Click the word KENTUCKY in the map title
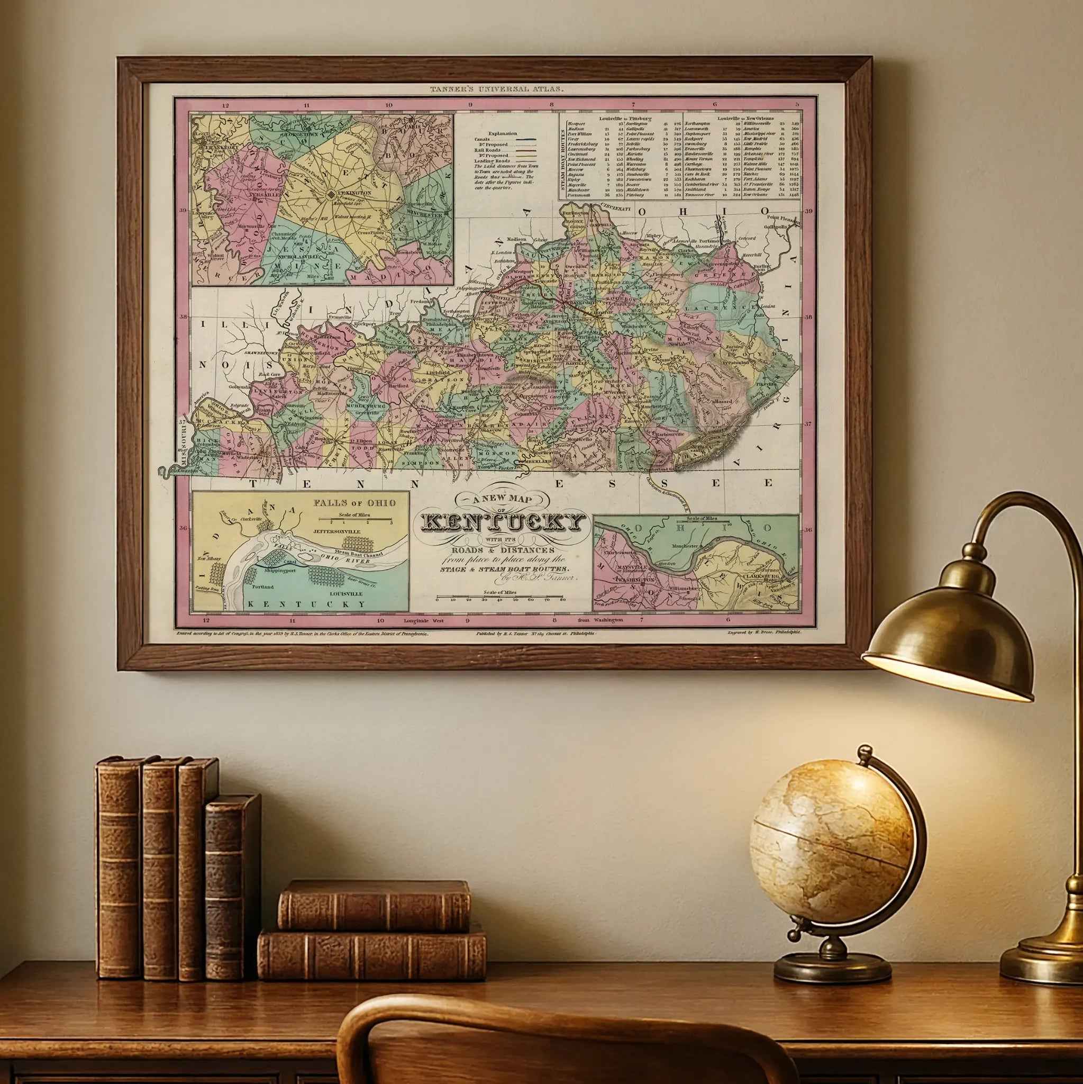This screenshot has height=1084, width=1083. tap(501, 522)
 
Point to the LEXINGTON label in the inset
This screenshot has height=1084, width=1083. tap(355, 193)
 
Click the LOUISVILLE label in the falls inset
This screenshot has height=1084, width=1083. tap(346, 593)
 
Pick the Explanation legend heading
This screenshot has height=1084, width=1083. tap(503, 133)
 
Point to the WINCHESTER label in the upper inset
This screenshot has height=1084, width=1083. tap(427, 215)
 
